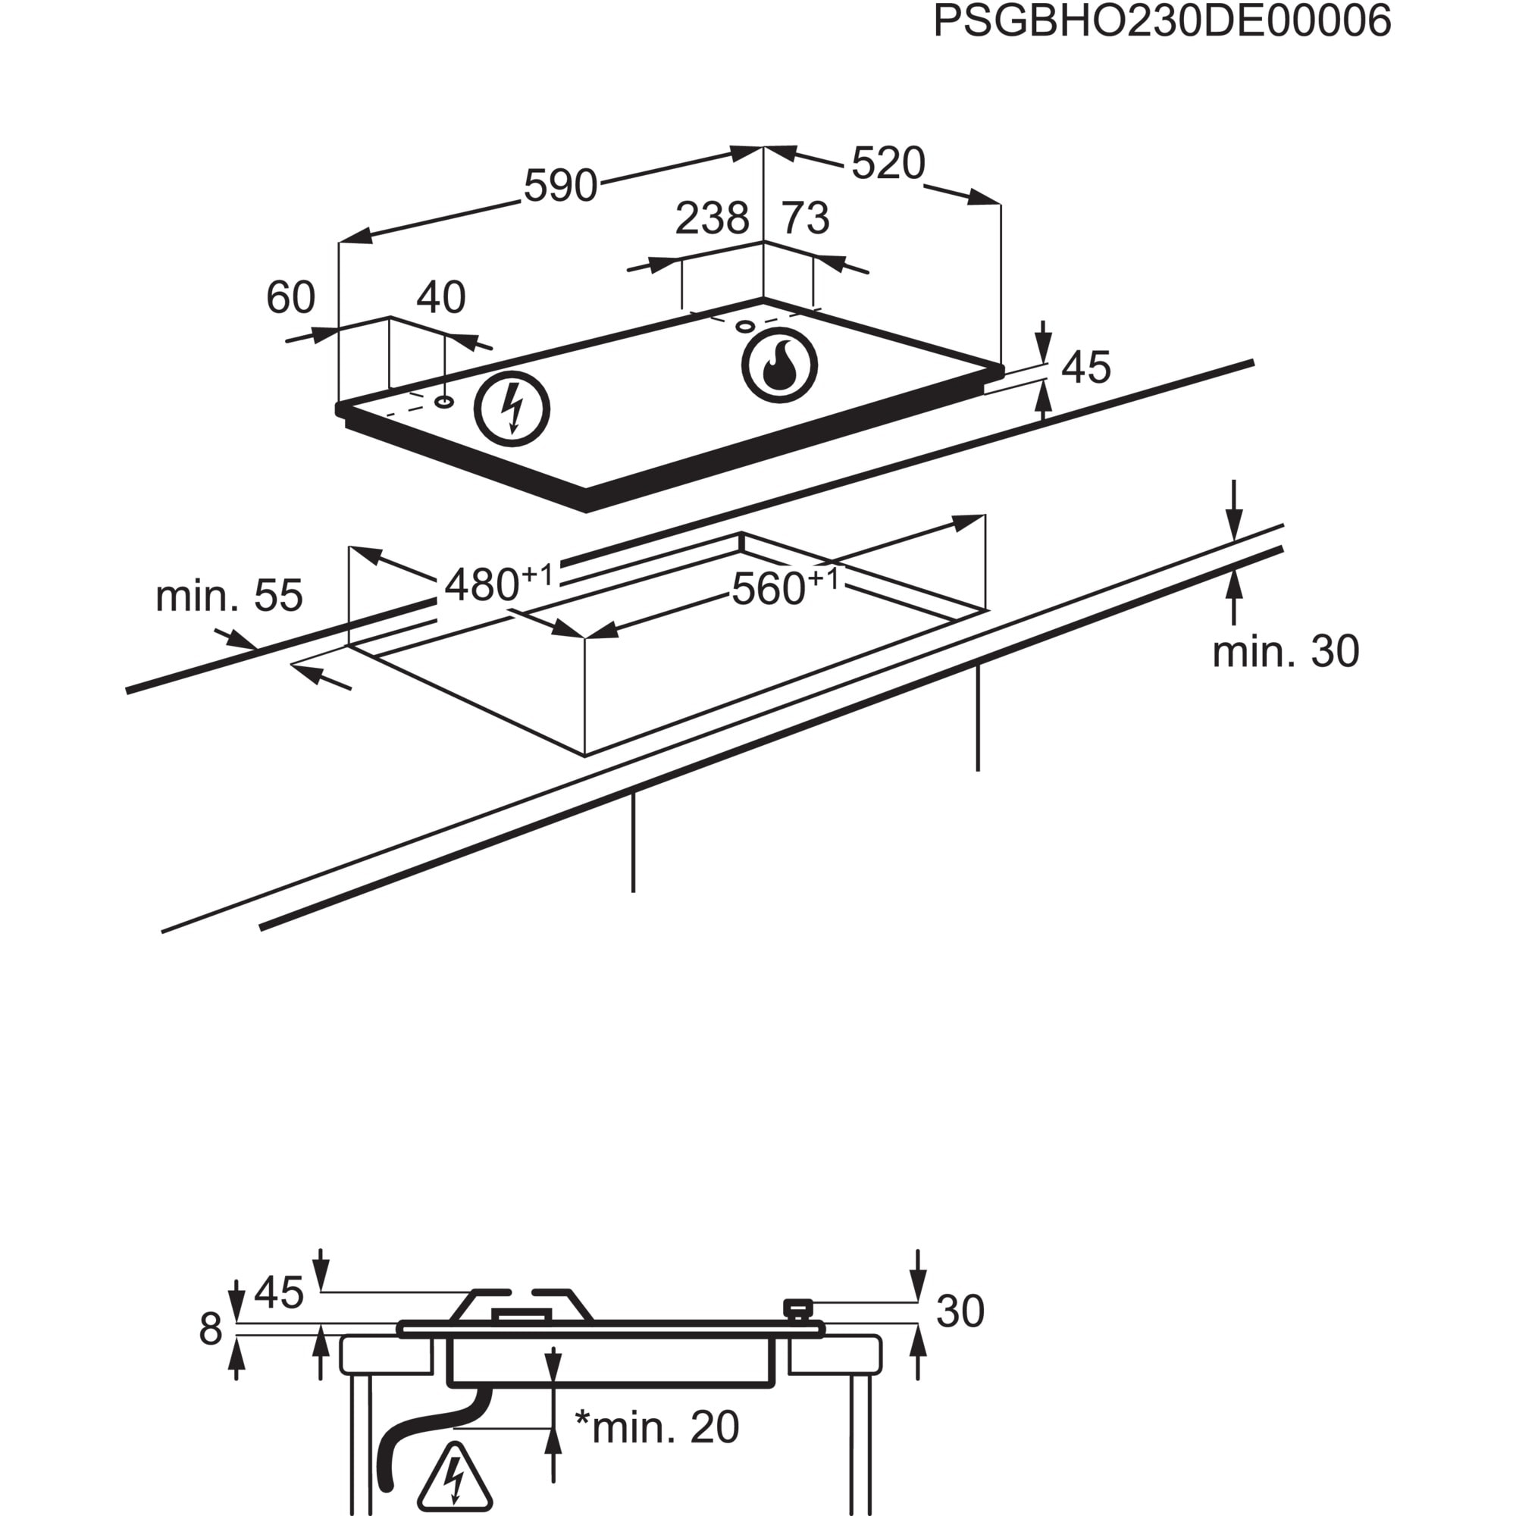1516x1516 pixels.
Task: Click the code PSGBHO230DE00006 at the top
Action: [1162, 21]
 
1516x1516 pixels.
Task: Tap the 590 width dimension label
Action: [560, 186]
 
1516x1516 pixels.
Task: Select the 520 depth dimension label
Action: [888, 164]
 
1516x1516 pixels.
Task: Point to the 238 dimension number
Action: [712, 218]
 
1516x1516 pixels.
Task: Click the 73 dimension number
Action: [806, 218]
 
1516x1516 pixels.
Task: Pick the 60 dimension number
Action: [290, 297]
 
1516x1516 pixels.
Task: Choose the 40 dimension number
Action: [441, 297]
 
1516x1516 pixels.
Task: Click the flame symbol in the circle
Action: [779, 365]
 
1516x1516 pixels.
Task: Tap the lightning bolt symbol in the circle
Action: [512, 409]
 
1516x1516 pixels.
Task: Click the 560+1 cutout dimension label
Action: [785, 587]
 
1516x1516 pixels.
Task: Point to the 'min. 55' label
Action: [228, 597]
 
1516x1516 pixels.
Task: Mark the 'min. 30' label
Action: [1286, 651]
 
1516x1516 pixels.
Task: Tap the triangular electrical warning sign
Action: [455, 1478]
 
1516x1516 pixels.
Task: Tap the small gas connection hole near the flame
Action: [744, 327]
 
